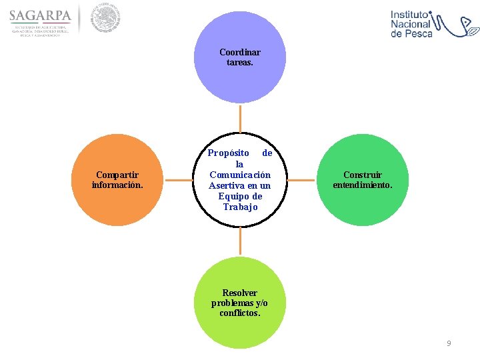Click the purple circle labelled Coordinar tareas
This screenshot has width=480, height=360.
point(239,80)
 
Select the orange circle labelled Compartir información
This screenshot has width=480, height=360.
point(117,200)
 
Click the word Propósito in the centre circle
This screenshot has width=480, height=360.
point(228,153)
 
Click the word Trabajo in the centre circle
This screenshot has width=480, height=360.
point(240,207)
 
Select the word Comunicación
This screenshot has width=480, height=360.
point(240,175)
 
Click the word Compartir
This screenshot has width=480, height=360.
point(117,175)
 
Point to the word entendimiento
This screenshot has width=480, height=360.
point(363,185)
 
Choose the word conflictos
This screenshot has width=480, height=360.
point(240,313)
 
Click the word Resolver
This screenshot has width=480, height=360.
point(240,293)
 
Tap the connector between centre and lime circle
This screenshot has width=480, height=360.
point(240,243)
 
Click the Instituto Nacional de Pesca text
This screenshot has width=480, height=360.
point(411,23)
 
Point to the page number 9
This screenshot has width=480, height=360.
point(449,343)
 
